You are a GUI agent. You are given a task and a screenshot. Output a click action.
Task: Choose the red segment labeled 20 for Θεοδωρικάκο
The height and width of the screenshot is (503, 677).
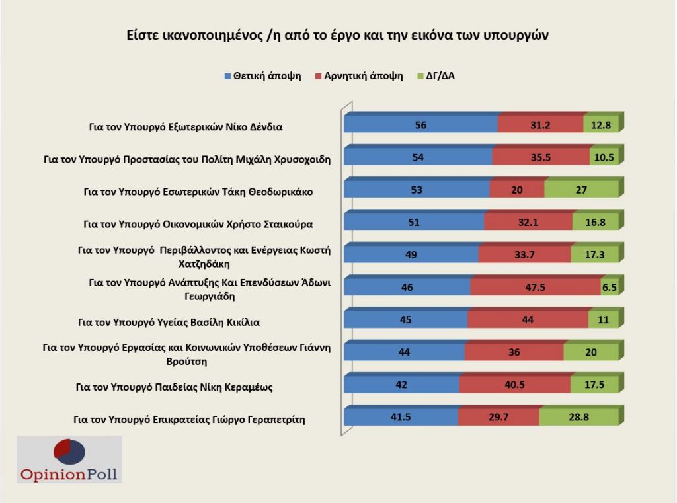[516, 190]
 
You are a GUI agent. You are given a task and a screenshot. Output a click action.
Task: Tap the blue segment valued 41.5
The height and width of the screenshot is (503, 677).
[401, 417]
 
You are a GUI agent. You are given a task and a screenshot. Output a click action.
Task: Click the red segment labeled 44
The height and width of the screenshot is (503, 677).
[527, 320]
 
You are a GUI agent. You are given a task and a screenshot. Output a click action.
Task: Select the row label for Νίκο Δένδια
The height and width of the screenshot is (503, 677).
[186, 127]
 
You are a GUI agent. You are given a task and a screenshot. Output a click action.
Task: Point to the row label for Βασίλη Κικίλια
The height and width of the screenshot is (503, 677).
[169, 323]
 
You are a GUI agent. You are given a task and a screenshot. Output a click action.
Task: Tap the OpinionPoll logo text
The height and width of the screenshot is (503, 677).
[69, 474]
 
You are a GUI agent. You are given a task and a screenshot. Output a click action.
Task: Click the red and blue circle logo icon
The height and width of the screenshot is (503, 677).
[69, 451]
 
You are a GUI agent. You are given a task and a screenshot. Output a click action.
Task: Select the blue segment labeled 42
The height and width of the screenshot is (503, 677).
[401, 385]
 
